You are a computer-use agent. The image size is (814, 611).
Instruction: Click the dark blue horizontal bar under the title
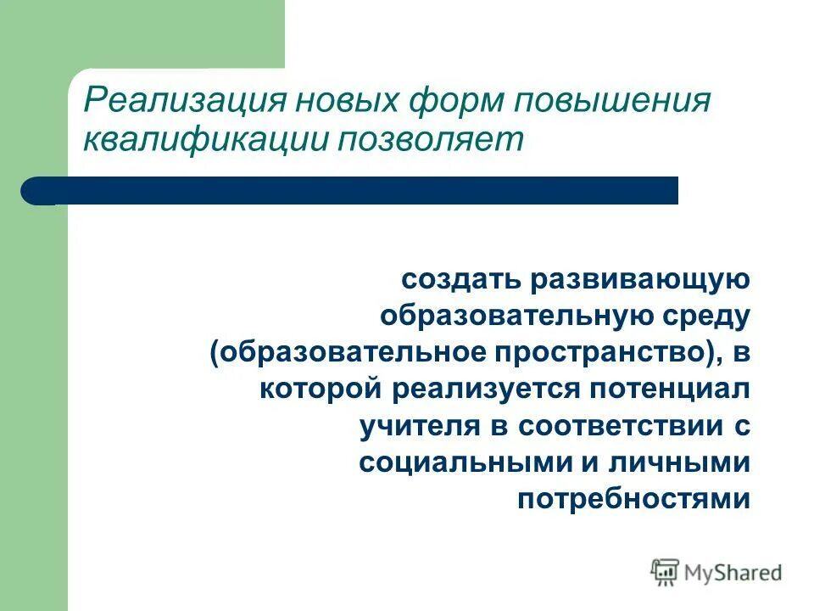[356, 191]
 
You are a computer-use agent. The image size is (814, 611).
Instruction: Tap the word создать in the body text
[461, 279]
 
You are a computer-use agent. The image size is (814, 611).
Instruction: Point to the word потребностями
[633, 498]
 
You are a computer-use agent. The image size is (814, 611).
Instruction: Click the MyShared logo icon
[666, 573]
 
